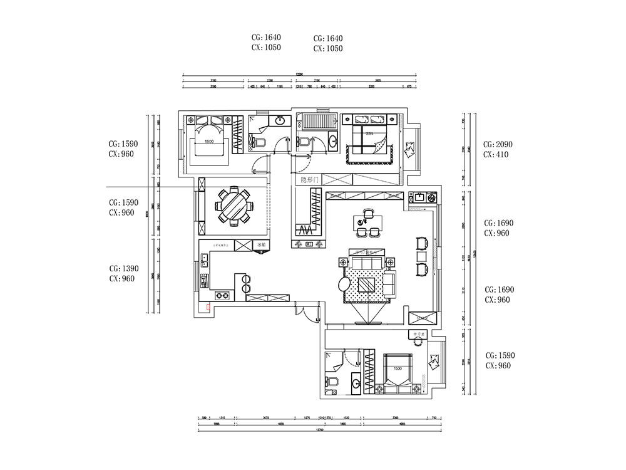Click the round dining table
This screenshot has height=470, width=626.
tap(233, 206)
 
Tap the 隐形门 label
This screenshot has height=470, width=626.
tap(310, 180)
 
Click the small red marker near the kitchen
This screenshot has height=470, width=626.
tap(208, 307)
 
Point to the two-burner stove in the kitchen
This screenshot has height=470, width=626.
tap(221, 295)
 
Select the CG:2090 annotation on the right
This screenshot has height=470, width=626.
tap(498, 144)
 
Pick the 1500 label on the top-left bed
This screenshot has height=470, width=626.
tap(210, 142)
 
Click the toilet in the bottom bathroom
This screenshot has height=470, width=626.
tap(332, 382)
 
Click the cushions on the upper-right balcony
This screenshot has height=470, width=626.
tap(411, 150)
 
